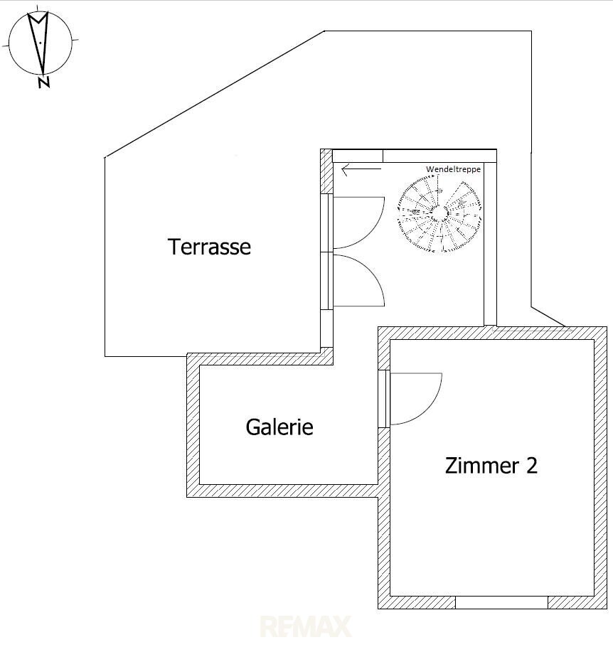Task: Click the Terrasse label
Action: pyautogui.click(x=209, y=247)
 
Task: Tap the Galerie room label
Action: pyautogui.click(x=279, y=427)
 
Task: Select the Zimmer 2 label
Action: pyautogui.click(x=491, y=466)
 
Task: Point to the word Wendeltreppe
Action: pyautogui.click(x=453, y=169)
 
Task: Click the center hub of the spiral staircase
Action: pyautogui.click(x=439, y=213)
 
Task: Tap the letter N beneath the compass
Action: pyautogui.click(x=43, y=82)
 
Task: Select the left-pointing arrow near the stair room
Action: pyautogui.click(x=361, y=169)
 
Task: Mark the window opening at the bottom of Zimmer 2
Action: pyautogui.click(x=501, y=602)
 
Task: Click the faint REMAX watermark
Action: pyautogui.click(x=306, y=626)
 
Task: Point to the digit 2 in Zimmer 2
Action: pyautogui.click(x=532, y=466)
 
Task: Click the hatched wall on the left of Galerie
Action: pyautogui.click(x=193, y=425)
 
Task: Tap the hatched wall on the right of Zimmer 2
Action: pyautogui.click(x=601, y=468)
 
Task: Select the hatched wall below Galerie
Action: pyautogui.click(x=282, y=491)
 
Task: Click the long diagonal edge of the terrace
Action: pyautogui.click(x=215, y=94)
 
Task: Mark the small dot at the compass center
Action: pyautogui.click(x=41, y=43)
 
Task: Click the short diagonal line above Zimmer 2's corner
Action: pyautogui.click(x=548, y=316)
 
